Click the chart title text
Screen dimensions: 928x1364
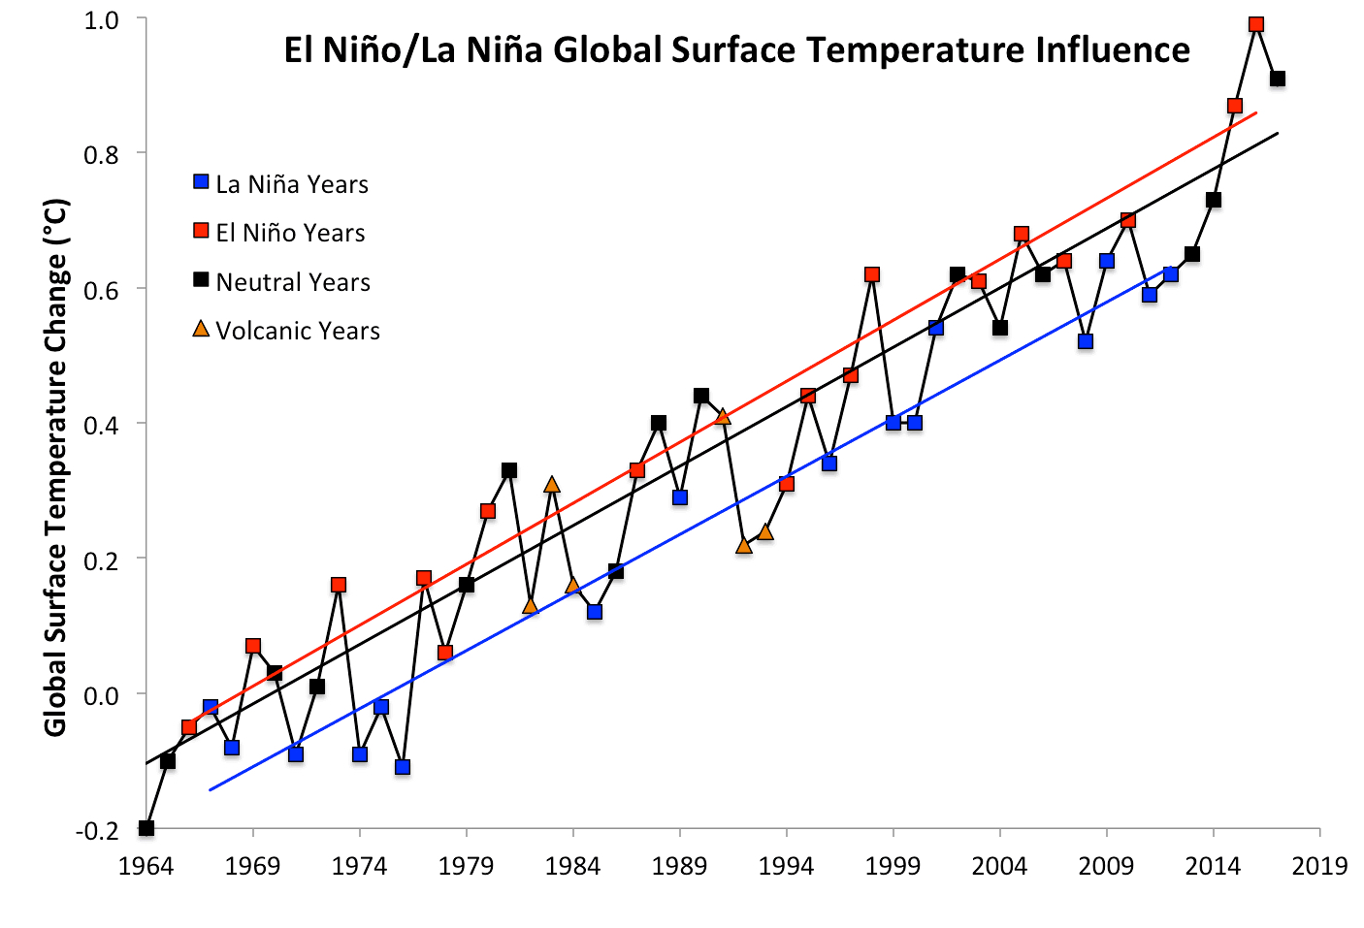(x=736, y=49)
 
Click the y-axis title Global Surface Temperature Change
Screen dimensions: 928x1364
(x=55, y=467)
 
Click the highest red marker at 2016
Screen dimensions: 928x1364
(x=1256, y=24)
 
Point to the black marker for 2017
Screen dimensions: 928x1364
(x=1278, y=79)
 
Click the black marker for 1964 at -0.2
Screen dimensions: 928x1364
(x=146, y=828)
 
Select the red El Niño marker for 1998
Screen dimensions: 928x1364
(x=872, y=274)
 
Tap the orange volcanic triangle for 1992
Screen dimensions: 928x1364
(x=744, y=546)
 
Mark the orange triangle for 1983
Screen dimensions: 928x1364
(x=552, y=485)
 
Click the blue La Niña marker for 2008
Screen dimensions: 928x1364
(x=1086, y=341)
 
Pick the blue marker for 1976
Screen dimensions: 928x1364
(x=403, y=767)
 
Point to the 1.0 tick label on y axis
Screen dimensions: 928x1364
(x=101, y=20)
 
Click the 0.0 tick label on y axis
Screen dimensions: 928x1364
(x=101, y=695)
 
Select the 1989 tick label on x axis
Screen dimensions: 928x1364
(x=679, y=866)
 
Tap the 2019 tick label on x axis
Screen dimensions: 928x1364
(x=1319, y=866)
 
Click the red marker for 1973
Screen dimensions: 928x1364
(x=339, y=585)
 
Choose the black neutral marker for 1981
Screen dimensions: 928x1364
(x=509, y=470)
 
